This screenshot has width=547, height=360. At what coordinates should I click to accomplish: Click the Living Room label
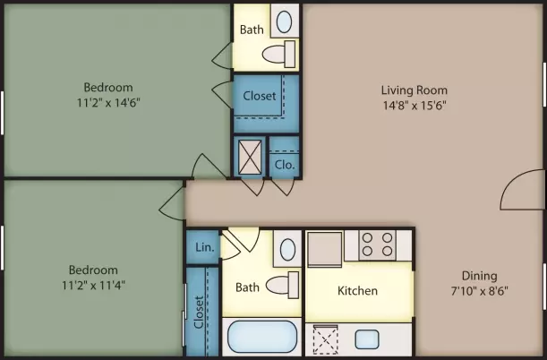(415, 90)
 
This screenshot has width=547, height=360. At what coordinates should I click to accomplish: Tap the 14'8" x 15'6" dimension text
(415, 106)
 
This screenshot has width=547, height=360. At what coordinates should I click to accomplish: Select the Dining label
(479, 276)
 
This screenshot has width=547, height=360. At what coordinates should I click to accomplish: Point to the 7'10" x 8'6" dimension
(479, 291)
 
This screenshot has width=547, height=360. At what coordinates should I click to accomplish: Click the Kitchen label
(357, 290)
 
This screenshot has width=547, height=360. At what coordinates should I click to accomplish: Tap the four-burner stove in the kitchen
(377, 244)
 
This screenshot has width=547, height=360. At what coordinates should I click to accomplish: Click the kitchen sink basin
(367, 339)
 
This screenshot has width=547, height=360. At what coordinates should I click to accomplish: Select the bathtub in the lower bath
(262, 337)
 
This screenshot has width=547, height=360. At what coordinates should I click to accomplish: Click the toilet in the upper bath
(279, 54)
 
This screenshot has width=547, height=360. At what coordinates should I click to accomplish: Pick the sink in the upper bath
(284, 21)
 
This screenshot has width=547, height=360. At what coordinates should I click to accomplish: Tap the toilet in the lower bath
(283, 285)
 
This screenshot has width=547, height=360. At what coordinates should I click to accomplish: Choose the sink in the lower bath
(287, 250)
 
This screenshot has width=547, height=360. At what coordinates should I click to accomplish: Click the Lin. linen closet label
(204, 247)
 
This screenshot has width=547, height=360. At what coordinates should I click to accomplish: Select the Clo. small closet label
(285, 165)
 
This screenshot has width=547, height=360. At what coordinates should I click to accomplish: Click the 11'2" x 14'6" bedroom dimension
(108, 103)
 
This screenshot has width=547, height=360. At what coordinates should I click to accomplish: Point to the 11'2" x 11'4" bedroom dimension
(93, 286)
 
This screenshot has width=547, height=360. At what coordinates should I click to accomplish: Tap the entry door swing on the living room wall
(522, 190)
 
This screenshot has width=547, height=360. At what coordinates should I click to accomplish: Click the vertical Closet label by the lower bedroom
(199, 313)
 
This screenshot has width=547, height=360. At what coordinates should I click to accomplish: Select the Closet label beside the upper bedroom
(260, 96)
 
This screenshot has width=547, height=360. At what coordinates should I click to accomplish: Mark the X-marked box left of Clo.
(250, 157)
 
